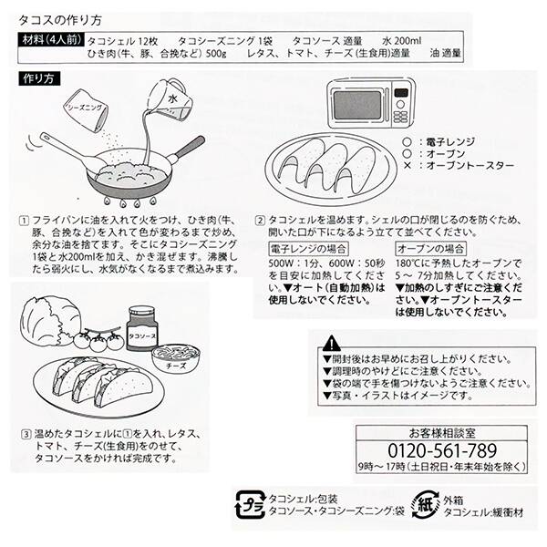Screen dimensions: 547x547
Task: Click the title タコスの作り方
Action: pos(54,18)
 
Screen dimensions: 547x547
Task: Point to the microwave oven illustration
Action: pos(370,101)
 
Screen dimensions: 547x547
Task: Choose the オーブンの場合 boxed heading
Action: pos(431,247)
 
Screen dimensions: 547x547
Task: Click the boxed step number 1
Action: pos(22,222)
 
